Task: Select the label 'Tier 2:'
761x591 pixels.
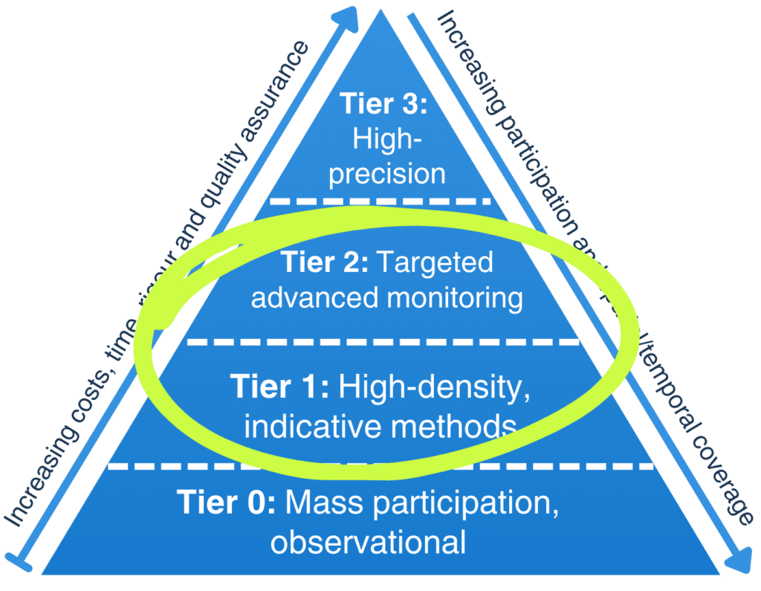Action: pyautogui.click(x=325, y=262)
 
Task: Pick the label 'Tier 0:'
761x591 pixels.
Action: pyautogui.click(x=227, y=503)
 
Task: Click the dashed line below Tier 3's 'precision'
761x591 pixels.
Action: pyautogui.click(x=380, y=201)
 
